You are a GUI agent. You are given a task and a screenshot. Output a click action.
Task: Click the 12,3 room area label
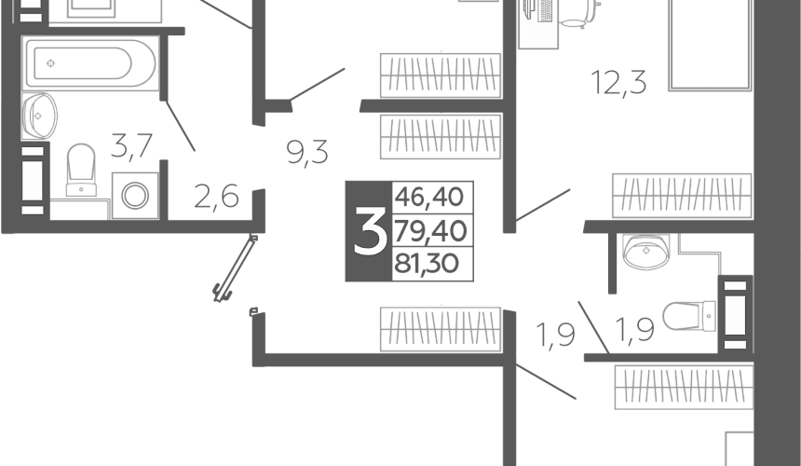coord(618,83)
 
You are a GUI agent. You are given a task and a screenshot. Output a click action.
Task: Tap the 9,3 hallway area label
coord(307,152)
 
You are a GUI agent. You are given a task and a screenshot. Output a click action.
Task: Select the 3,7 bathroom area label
coord(132,145)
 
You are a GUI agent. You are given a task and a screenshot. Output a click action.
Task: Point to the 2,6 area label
coord(217,197)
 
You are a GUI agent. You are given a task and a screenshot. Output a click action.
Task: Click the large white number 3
coord(370,231)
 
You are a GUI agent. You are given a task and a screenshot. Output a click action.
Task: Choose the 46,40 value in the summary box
coord(429,197)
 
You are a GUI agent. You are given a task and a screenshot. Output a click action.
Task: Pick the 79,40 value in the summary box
coord(430,231)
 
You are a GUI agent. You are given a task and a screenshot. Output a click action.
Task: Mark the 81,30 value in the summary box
coord(427,264)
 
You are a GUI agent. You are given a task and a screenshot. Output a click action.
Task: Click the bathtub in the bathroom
coord(90,63)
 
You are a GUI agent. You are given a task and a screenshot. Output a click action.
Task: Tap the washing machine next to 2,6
coord(135,196)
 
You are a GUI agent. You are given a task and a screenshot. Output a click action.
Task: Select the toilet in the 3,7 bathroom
coord(81,170)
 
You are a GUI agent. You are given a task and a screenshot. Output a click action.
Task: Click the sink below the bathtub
coord(39,116)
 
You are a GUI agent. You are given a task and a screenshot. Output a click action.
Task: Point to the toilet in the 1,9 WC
coord(689,316)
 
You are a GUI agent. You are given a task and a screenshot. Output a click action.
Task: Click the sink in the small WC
coord(646,251)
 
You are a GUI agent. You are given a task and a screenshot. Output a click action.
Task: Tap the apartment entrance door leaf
coord(235,267)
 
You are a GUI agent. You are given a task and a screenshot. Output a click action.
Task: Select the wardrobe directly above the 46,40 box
coord(441,136)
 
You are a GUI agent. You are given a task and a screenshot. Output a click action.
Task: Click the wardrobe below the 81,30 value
coord(441,329)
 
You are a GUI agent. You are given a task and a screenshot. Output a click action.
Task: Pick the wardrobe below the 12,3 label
coord(682,196)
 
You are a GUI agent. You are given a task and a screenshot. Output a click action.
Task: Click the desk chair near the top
coord(579,13)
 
